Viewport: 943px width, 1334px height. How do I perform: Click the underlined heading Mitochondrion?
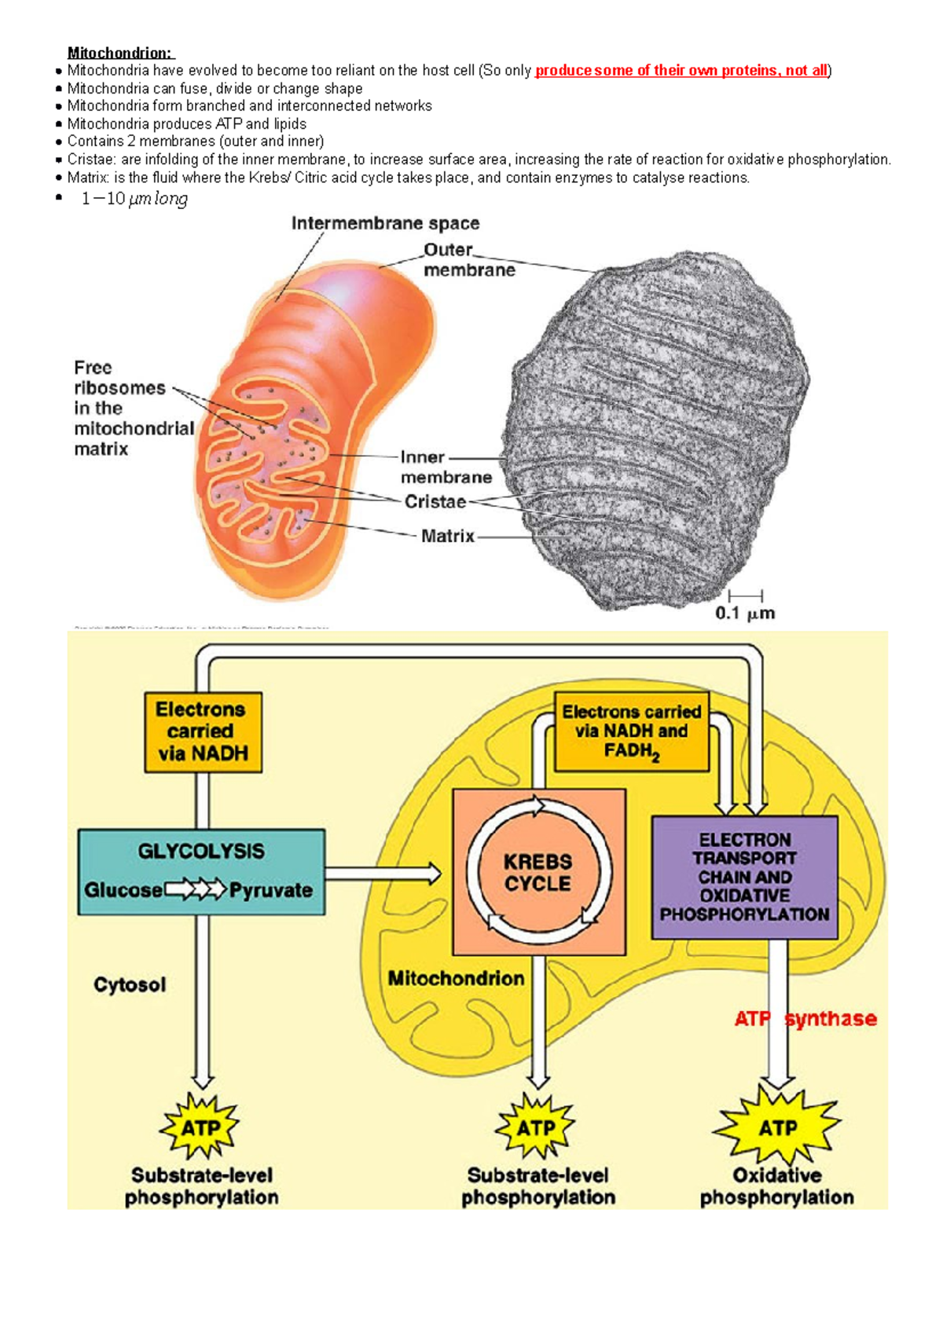(120, 53)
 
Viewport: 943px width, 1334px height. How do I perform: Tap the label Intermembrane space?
(385, 223)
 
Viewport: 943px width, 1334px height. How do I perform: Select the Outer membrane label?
(468, 260)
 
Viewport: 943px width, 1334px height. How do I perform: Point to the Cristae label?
(435, 501)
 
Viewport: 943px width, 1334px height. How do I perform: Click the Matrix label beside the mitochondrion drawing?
(447, 536)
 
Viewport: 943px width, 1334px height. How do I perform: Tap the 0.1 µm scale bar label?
(744, 614)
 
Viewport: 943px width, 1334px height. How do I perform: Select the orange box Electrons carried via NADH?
(203, 731)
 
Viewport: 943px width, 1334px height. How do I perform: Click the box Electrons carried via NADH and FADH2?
(631, 731)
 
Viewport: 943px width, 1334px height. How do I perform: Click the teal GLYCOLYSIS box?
(201, 871)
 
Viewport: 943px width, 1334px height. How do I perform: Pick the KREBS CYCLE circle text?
(538, 872)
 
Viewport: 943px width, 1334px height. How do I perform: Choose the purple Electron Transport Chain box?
(744, 877)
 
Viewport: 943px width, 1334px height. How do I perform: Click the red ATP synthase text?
(805, 1019)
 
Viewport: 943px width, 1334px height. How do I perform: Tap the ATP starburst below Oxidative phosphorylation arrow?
(776, 1128)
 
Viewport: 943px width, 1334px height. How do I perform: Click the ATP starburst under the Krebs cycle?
(536, 1128)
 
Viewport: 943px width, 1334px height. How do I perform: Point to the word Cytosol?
(130, 984)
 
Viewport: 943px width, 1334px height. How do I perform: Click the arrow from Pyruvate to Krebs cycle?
(383, 873)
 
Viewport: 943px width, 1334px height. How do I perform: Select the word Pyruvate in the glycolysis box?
(270, 890)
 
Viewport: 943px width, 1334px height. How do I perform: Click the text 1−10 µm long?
(134, 199)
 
